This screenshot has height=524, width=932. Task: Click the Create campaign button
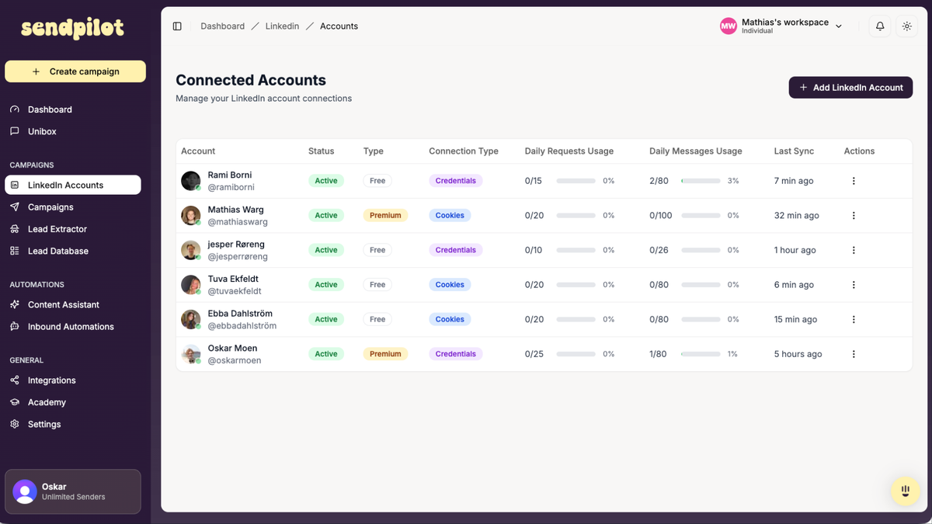[75, 71]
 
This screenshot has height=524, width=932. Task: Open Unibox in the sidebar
[42, 131]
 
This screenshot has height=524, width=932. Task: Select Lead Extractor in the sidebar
[57, 229]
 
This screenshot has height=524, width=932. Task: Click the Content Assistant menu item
[63, 304]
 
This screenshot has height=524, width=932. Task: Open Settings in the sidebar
[43, 424]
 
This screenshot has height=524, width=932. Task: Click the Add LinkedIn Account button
[850, 88]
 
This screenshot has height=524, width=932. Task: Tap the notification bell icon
[880, 26]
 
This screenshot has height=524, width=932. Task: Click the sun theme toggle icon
[906, 26]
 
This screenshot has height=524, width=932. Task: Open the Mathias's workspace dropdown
[781, 26]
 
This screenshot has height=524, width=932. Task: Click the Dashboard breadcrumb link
[222, 26]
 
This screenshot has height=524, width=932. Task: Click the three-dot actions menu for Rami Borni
[854, 181]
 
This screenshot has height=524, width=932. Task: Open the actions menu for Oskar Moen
[854, 354]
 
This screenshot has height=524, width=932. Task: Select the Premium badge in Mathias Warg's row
[385, 216]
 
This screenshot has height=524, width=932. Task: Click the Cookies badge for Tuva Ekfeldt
[450, 285]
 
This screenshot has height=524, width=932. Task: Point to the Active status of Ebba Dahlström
[326, 319]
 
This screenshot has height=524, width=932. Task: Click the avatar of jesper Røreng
[191, 250]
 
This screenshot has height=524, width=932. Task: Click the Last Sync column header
[792, 151]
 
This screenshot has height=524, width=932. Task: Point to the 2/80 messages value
[659, 181]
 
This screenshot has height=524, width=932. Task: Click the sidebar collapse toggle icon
[177, 26]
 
